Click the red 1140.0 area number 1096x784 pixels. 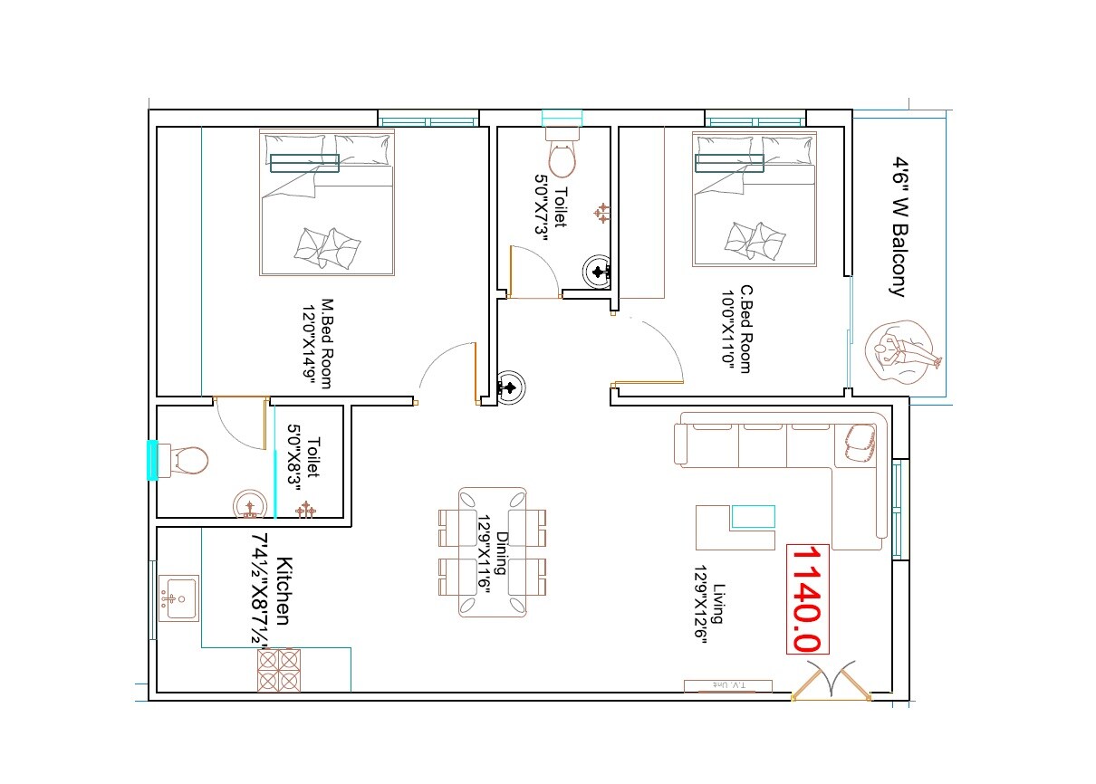coord(806,598)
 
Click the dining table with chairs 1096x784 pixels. coord(493,551)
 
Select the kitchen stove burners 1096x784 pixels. coord(278,671)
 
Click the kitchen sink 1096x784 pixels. coord(178,598)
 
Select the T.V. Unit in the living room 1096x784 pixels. coord(727,685)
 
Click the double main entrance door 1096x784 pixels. coord(831,684)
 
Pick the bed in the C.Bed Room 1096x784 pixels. coord(754,198)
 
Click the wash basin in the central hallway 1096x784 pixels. coord(511,387)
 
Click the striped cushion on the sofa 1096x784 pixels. coord(859,443)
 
